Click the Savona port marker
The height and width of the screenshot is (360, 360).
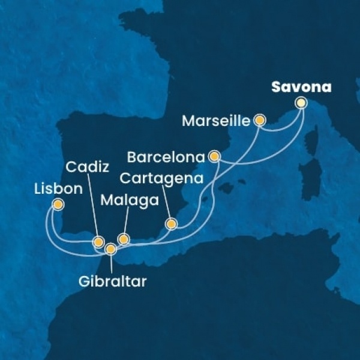coord(301,103)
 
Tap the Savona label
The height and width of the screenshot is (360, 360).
coord(301,87)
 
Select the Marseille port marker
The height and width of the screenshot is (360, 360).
coord(260,120)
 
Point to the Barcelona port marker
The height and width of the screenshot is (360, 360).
coord(214,157)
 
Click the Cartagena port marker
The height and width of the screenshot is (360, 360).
coord(172,224)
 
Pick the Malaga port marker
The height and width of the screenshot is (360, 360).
coord(124,239)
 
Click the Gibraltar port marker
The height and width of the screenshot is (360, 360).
coord(110,248)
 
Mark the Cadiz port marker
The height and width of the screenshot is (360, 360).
coord(98,242)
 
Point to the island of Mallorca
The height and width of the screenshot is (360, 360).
coord(227,188)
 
